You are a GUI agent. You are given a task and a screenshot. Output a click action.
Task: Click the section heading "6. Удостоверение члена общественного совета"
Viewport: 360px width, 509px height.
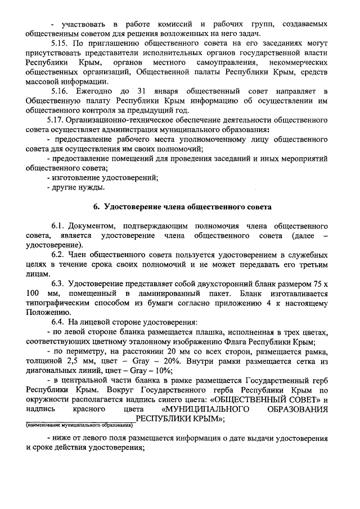click(x=183, y=207)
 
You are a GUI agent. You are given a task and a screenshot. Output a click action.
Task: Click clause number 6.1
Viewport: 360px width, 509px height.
click(x=60, y=225)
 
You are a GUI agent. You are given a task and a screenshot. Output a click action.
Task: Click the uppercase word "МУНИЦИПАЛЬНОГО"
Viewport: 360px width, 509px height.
click(x=206, y=409)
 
